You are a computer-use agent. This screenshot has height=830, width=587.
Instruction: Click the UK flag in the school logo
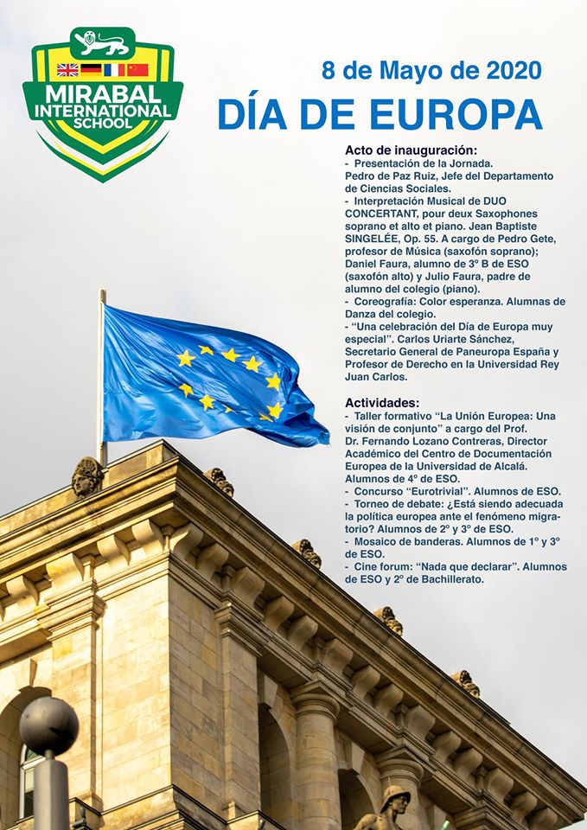click(67, 70)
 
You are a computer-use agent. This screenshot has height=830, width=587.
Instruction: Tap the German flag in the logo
click(91, 70)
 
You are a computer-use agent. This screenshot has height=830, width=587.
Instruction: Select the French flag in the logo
click(114, 70)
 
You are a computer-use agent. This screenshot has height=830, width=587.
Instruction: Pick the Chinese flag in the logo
click(137, 70)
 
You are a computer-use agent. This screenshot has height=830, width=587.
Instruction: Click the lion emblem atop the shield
click(103, 40)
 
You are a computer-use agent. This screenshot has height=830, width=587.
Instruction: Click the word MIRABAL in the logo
click(103, 93)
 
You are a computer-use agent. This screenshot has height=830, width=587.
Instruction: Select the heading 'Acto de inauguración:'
click(411, 150)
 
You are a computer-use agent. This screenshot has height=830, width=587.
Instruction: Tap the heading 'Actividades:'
click(382, 403)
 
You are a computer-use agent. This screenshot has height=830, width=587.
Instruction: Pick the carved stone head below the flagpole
click(87, 476)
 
